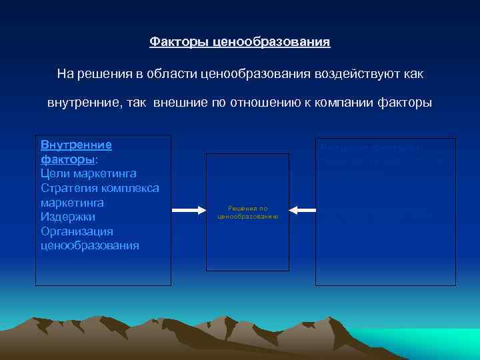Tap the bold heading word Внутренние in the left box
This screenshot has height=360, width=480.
pos(76,145)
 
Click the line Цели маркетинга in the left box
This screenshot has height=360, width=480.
pos(89,173)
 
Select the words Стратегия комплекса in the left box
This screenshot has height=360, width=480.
pos(99,188)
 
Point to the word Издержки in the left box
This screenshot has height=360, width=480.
pos(68,217)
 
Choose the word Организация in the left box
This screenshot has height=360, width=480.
pos(77,231)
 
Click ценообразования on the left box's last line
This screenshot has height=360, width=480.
pos(90,245)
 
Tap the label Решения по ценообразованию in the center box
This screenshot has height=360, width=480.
pos(247,213)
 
